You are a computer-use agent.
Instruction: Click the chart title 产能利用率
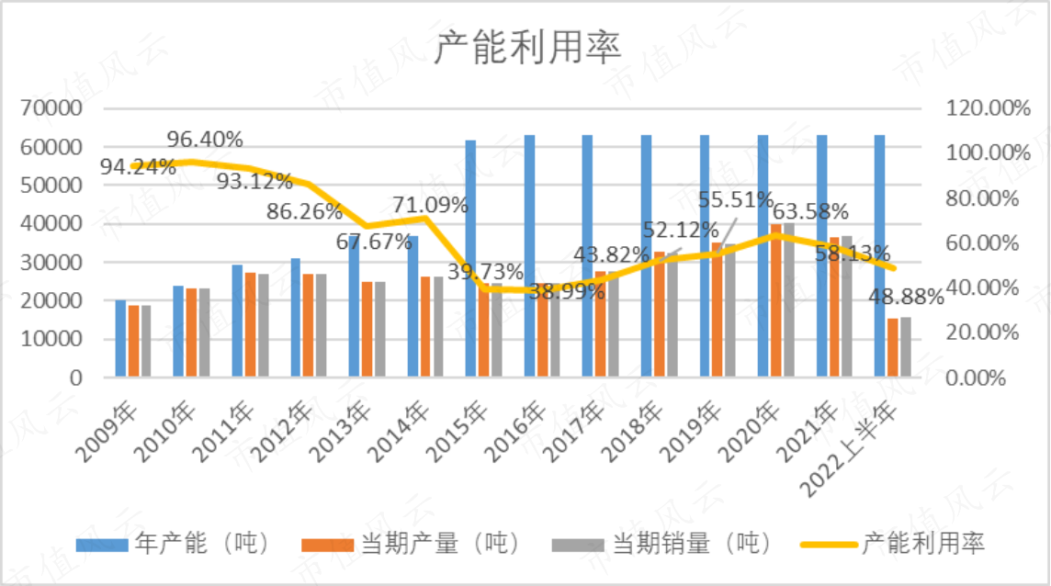coord(527,48)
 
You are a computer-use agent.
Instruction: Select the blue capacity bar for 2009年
coord(120,338)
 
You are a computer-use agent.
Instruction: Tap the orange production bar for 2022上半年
coord(893,347)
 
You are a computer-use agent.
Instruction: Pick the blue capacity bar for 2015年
coord(470,258)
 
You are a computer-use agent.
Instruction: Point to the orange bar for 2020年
coord(776,300)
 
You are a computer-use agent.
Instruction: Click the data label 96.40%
coord(205,140)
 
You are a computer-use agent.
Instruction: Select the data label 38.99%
coord(567,291)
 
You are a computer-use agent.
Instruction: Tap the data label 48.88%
coord(906,297)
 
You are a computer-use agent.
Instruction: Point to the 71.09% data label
coord(430,205)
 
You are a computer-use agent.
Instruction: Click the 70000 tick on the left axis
coord(51,108)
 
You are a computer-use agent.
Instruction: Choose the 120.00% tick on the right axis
coord(988,108)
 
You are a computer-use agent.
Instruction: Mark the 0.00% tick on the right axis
coord(976,378)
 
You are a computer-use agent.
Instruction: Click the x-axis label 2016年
coord(514,434)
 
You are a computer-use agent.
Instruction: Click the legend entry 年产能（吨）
coord(173,543)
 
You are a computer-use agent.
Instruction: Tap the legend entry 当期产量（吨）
coord(411,543)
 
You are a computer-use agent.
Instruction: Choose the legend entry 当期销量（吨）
coord(661,543)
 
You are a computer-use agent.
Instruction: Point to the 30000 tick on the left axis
coord(51,262)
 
